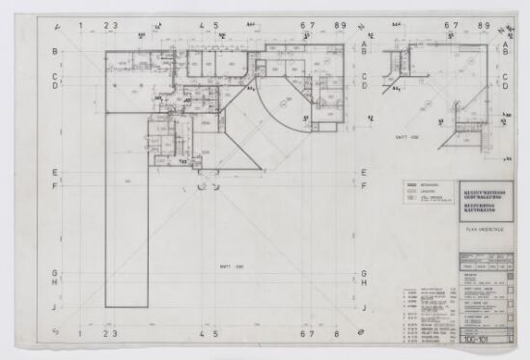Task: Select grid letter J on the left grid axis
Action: [55, 309]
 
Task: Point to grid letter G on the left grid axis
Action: [55, 272]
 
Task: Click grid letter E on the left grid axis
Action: [55, 173]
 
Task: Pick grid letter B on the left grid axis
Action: [55, 51]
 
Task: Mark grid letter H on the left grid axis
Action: [55, 283]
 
